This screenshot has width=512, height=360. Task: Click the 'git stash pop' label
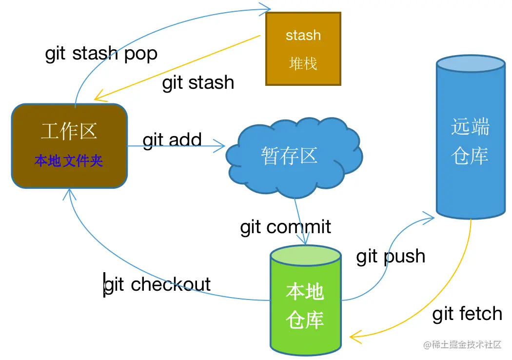pyautogui.click(x=101, y=53)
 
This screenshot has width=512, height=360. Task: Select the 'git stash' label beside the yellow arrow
pyautogui.click(x=198, y=82)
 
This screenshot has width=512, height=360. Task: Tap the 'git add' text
pyautogui.click(x=172, y=140)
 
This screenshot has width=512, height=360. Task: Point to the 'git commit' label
pyautogui.click(x=285, y=227)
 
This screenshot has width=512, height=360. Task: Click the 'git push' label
pyautogui.click(x=391, y=256)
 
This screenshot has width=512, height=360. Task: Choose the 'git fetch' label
pyautogui.click(x=467, y=314)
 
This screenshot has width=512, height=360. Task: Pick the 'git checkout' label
pyautogui.click(x=157, y=284)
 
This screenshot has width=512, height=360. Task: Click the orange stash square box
pyautogui.click(x=303, y=49)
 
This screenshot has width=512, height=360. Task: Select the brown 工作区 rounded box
pyautogui.click(x=69, y=145)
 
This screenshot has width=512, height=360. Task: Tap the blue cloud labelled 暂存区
pyautogui.click(x=291, y=156)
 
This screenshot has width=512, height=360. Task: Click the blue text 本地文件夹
pyautogui.click(x=69, y=160)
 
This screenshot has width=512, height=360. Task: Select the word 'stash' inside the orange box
pyautogui.click(x=303, y=35)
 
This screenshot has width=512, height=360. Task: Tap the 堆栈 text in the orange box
pyautogui.click(x=303, y=63)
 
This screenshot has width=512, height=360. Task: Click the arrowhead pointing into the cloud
pyautogui.click(x=220, y=145)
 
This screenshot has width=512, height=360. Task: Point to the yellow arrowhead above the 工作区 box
pyautogui.click(x=99, y=96)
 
